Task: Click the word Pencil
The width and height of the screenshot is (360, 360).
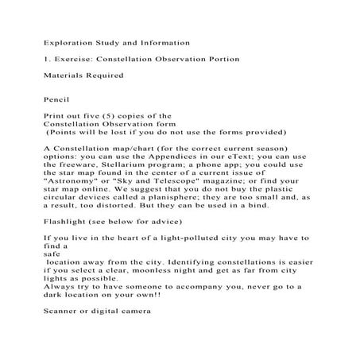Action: (x=56, y=101)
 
